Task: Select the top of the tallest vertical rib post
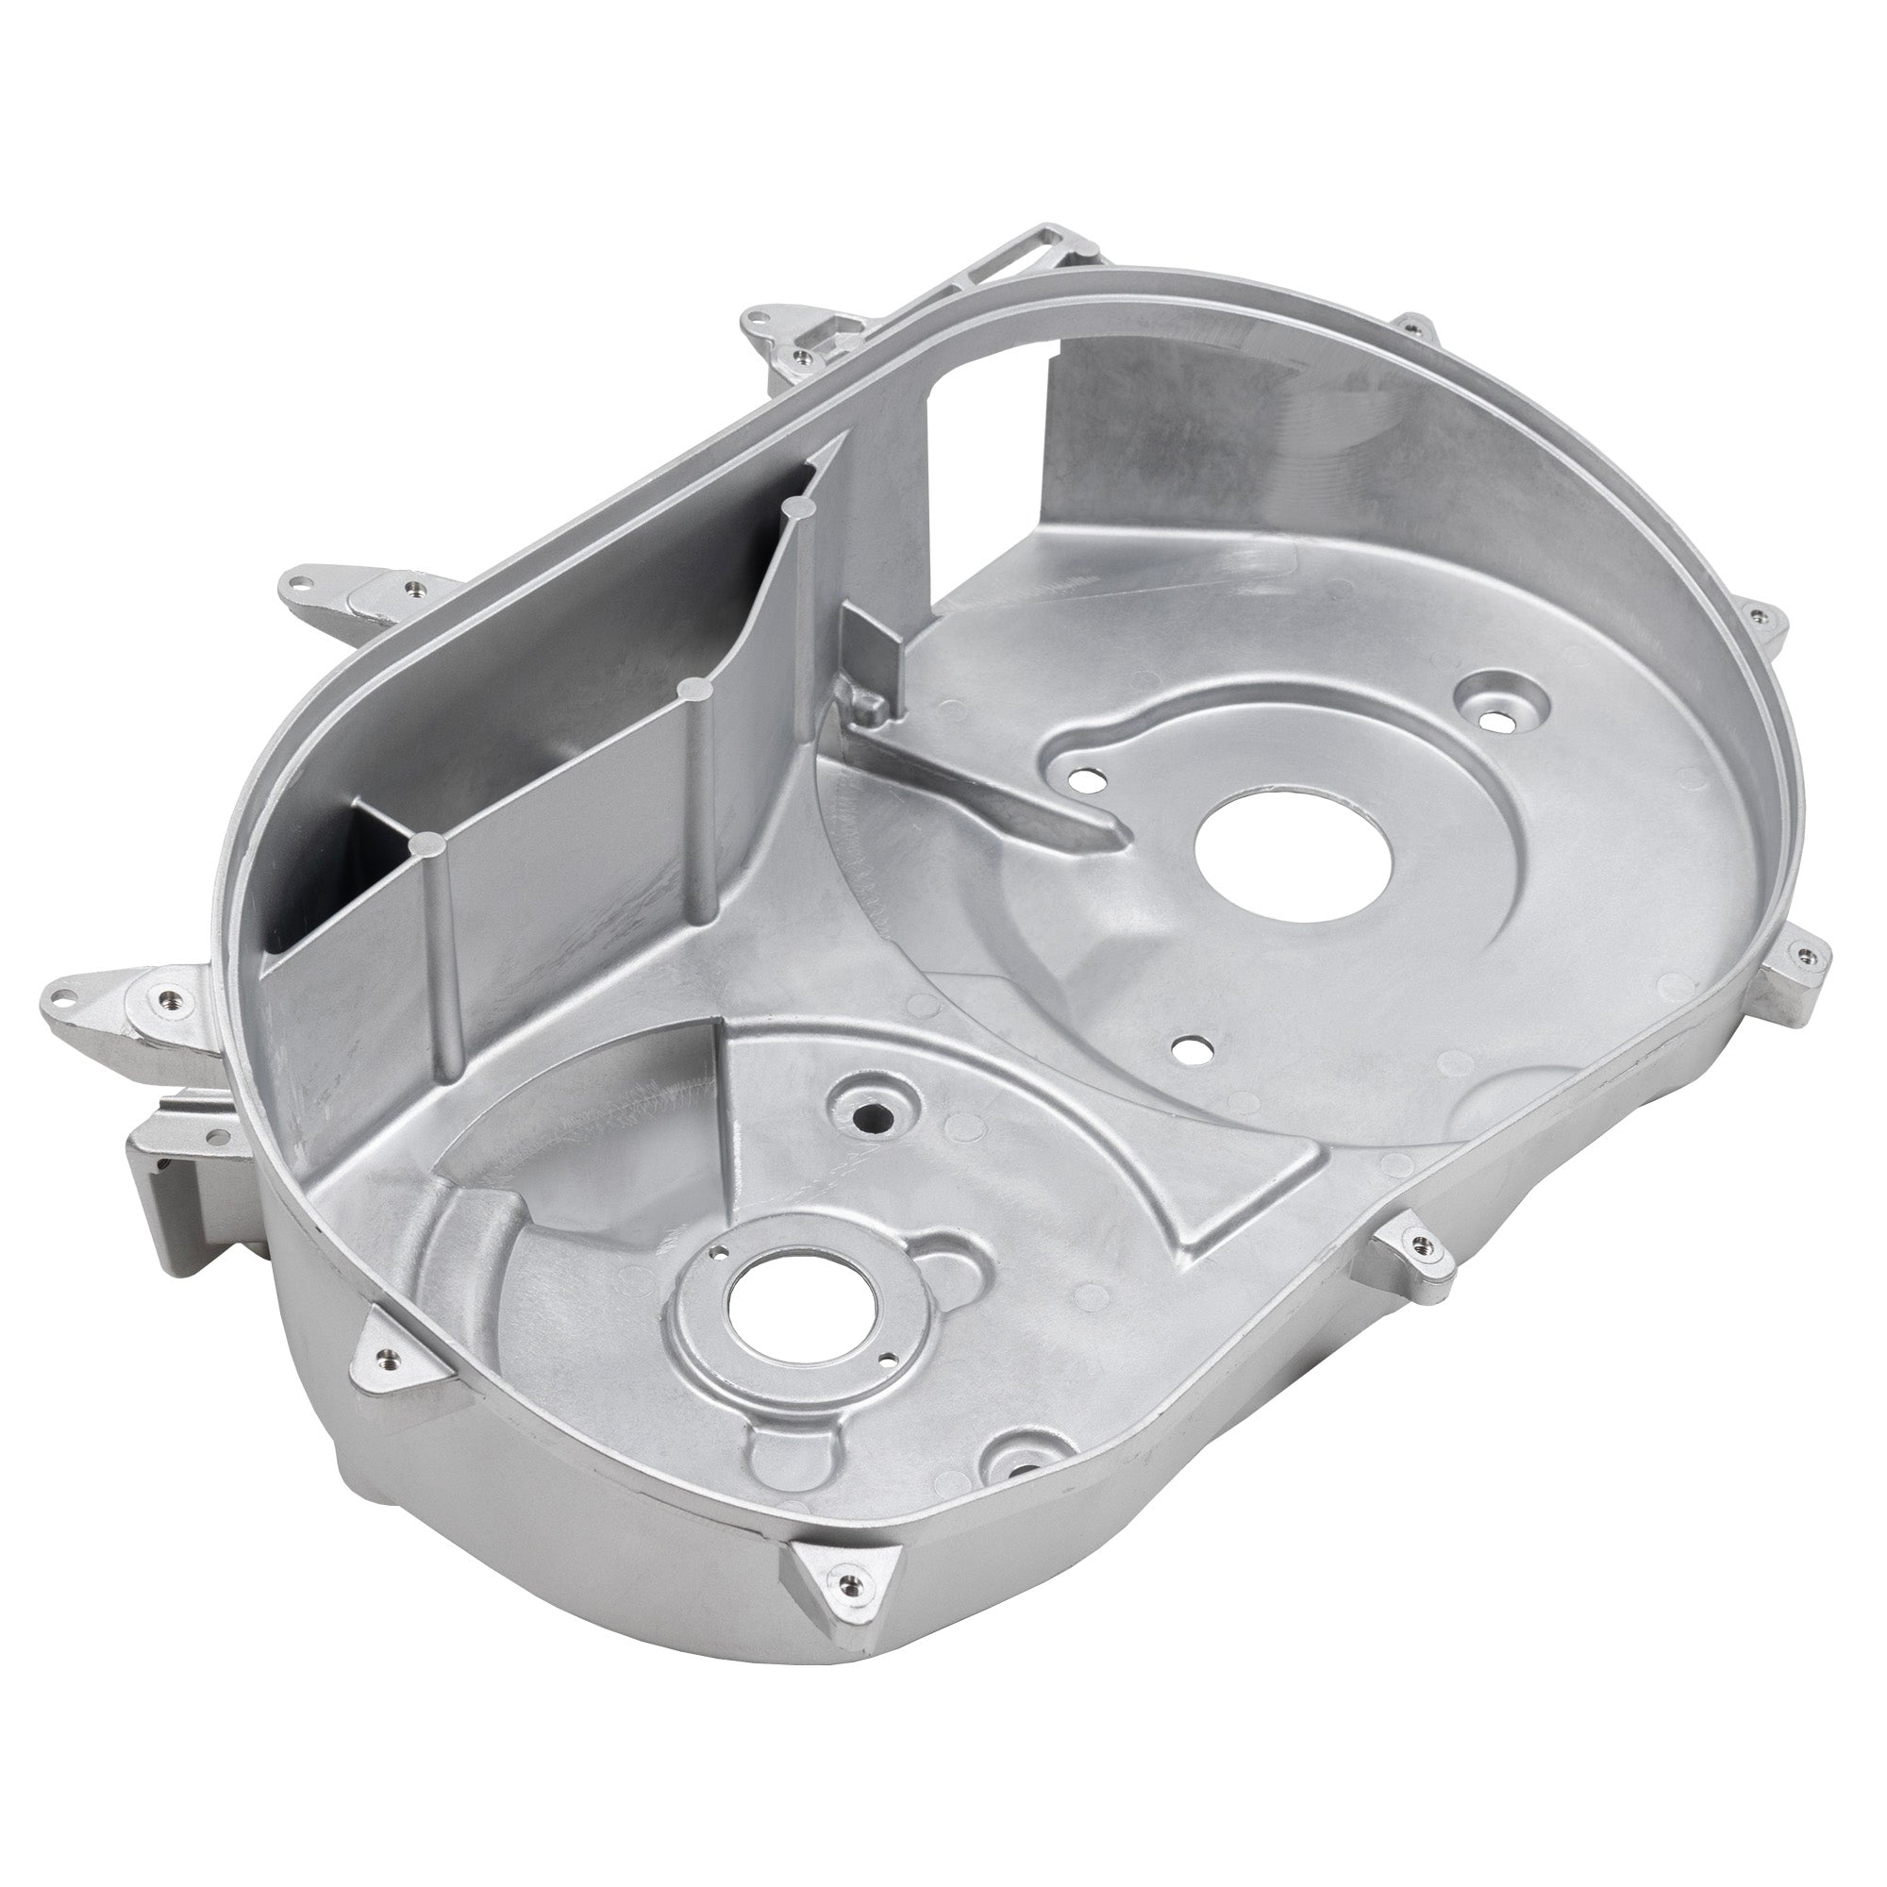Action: [x=799, y=508]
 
